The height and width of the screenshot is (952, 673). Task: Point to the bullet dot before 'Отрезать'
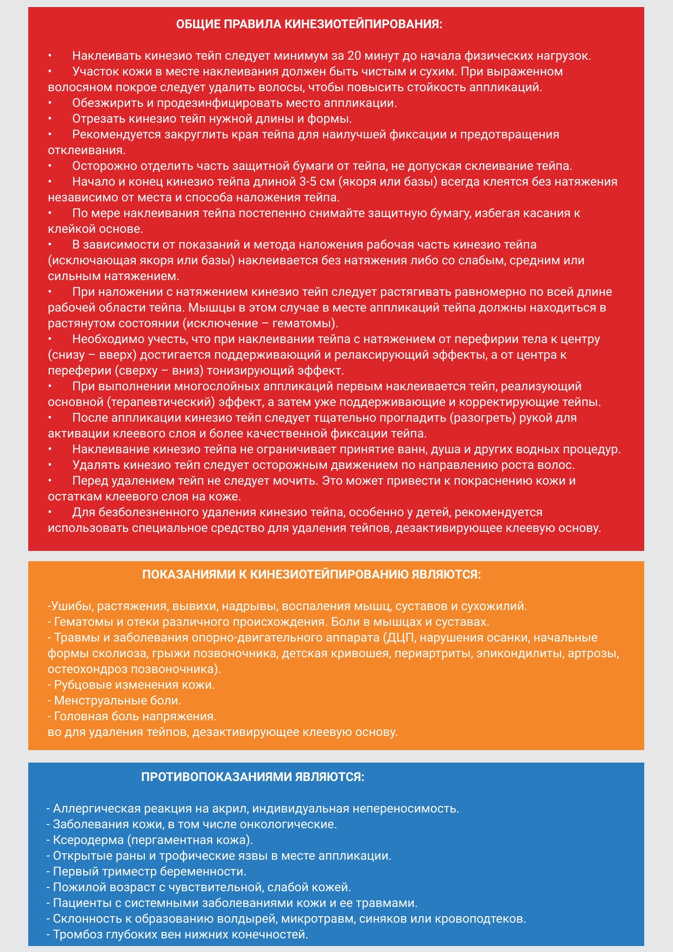click(49, 119)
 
